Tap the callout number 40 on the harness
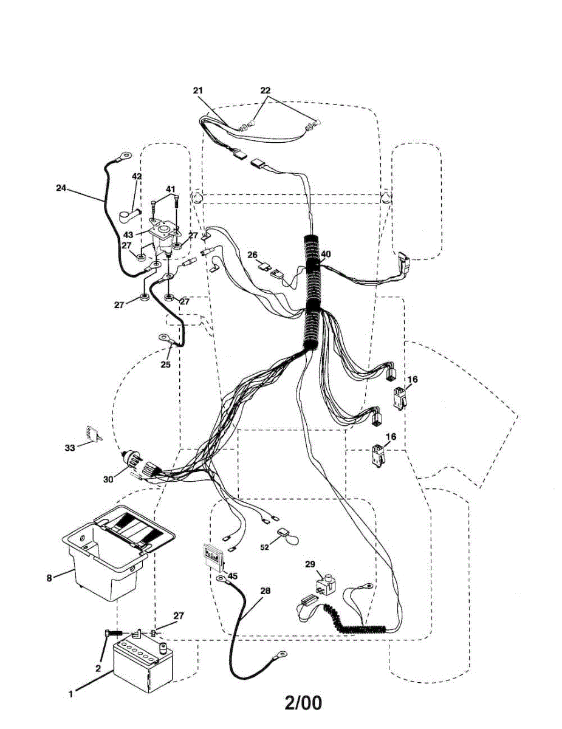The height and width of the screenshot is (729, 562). (326, 255)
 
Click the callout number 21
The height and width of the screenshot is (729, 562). (198, 91)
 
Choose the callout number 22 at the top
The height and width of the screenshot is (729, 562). (266, 91)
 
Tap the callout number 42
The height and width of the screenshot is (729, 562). (137, 177)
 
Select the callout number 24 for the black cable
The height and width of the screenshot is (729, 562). (60, 188)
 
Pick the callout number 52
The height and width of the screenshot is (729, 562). (265, 547)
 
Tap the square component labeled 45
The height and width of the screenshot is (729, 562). (213, 555)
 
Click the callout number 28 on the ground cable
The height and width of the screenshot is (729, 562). (265, 590)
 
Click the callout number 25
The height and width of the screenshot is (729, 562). (166, 364)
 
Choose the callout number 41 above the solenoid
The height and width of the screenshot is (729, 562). (171, 189)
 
